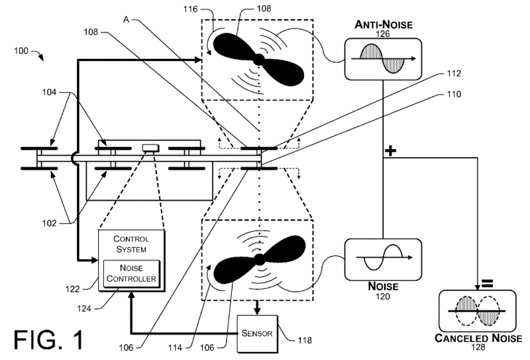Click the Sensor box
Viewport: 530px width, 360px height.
pos(258,333)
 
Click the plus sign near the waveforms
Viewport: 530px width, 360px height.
pos(391,152)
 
